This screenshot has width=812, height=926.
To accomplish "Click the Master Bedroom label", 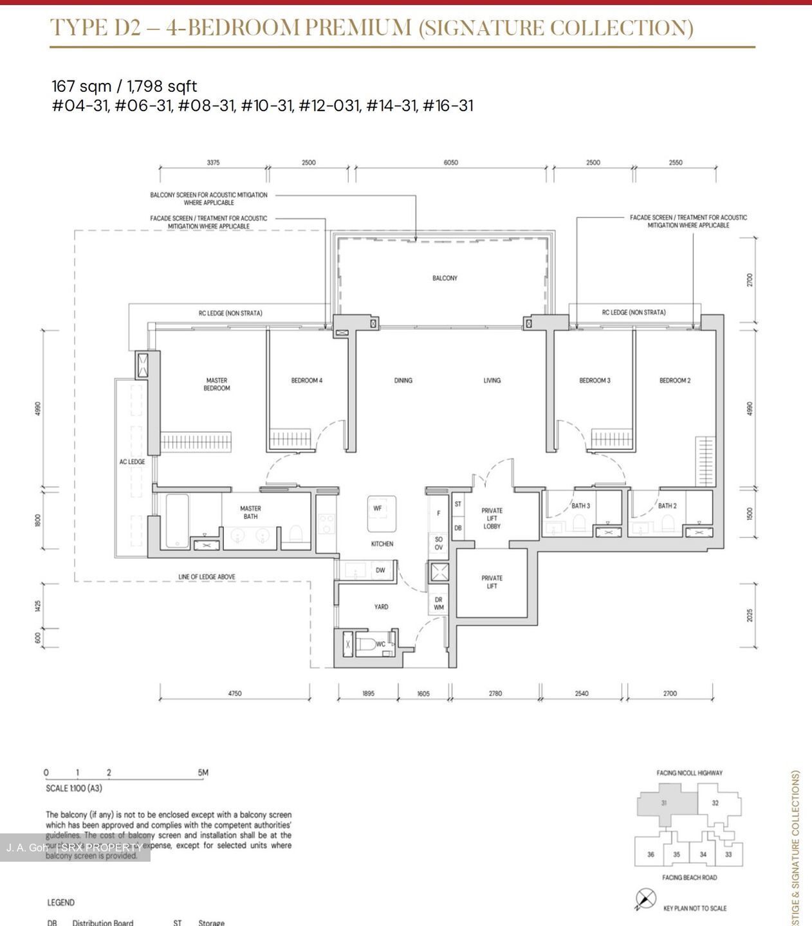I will (x=217, y=384).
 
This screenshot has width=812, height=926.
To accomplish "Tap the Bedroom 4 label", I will (x=307, y=380).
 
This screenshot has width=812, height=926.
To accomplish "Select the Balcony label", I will (x=445, y=278).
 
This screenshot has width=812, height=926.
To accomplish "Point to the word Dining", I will (x=403, y=380).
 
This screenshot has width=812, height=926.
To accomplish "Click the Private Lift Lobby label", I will (x=492, y=518).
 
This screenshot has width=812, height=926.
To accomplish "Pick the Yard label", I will (x=381, y=606).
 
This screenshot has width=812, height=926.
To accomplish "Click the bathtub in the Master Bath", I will (x=177, y=520).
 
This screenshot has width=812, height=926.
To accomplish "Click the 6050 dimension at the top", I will (x=451, y=163).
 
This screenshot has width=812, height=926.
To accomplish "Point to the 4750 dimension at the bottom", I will (x=235, y=693).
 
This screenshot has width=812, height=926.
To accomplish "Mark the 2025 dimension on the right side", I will (x=750, y=615).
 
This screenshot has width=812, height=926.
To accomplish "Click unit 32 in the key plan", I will (x=715, y=803).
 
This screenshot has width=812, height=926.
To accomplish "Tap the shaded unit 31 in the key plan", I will (x=664, y=804).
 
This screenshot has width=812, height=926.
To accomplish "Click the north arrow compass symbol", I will (x=645, y=898).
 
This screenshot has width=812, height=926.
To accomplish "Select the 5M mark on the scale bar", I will (x=203, y=772).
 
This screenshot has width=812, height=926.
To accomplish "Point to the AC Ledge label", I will (x=132, y=462).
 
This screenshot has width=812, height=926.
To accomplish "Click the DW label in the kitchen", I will (x=380, y=570).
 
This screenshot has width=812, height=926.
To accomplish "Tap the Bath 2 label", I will (x=667, y=505).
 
